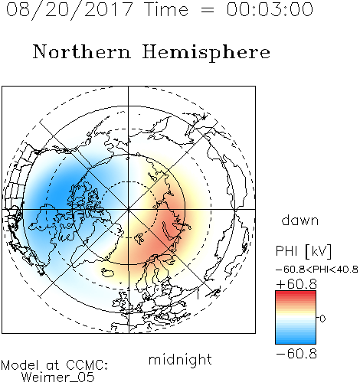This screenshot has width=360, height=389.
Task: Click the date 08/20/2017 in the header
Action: click(x=70, y=10)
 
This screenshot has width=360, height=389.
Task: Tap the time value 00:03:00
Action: click(x=270, y=9)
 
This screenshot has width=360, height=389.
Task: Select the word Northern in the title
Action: click(x=82, y=51)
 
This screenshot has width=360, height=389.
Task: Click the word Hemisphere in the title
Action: click(x=206, y=53)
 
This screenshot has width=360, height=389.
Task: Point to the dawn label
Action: click(x=300, y=220)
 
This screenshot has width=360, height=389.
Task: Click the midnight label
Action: click(x=180, y=360)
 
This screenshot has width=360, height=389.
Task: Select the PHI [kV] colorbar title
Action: click(x=303, y=251)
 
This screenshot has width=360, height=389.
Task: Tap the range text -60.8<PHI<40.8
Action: click(x=317, y=270)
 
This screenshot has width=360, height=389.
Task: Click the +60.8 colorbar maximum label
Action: click(x=296, y=284)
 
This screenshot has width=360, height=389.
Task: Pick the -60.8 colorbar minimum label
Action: click(x=296, y=354)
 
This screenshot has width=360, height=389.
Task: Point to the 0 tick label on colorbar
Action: click(x=322, y=319)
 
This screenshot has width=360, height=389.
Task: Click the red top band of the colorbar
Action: click(x=296, y=293)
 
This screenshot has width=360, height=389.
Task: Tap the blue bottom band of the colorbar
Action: click(x=296, y=342)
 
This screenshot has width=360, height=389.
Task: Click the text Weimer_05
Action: click(x=58, y=378)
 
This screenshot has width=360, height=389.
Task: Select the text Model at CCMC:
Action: click(x=54, y=365)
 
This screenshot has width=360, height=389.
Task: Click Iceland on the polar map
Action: click(x=107, y=273)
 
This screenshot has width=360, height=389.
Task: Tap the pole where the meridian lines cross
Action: click(x=129, y=209)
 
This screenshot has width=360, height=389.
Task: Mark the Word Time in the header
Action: click(x=166, y=9)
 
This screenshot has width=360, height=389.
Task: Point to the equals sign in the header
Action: click(x=208, y=10)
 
